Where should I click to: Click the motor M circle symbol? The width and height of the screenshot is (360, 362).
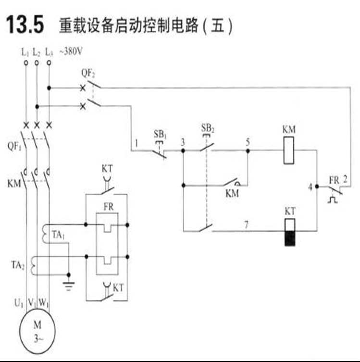(x=37, y=329)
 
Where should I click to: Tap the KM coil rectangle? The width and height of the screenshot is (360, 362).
(x=289, y=151)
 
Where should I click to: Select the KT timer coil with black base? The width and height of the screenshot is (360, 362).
(x=289, y=232)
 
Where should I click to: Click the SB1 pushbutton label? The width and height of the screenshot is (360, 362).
(x=160, y=133)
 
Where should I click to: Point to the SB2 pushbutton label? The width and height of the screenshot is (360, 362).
(x=208, y=128)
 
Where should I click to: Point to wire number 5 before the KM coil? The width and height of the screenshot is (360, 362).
(x=248, y=142)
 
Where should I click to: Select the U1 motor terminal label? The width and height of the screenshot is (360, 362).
(x=18, y=304)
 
